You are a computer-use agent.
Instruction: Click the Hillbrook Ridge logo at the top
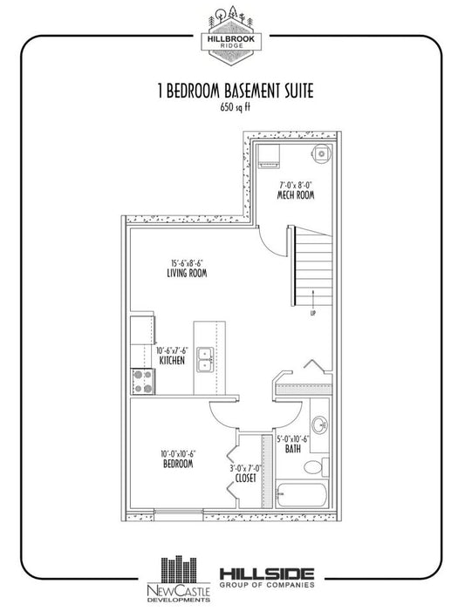coord(231,36)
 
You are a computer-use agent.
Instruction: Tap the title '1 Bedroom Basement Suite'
coord(236,92)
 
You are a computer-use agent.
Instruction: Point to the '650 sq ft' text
coord(236,107)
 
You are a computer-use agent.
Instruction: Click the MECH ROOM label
coord(296,195)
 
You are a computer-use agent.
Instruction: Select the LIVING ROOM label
coord(187,273)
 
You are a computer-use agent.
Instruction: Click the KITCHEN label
coord(172,361)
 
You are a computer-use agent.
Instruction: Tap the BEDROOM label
coord(178,464)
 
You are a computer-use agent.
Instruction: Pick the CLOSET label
coord(246,478)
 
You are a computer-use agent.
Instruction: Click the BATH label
coord(293,449)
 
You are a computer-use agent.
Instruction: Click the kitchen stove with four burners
coord(143,382)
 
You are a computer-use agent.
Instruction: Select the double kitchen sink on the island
coord(205,359)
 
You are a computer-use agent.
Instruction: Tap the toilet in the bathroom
coord(316,466)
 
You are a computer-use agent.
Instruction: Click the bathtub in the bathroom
coord(302,493)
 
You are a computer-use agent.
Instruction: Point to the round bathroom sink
coord(319,424)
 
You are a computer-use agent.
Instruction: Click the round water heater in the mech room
coord(321,153)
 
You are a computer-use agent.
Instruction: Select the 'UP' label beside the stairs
coord(313,313)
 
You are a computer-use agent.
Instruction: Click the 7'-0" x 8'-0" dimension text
coord(297,184)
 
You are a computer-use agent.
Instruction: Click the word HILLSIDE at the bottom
coord(267,574)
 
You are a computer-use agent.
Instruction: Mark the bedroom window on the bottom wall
coord(179,512)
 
